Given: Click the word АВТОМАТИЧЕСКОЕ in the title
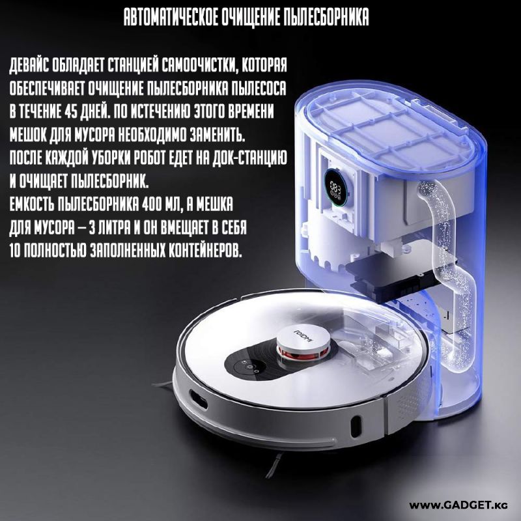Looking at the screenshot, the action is pos(171,17).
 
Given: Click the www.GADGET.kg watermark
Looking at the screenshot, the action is pos(458,505).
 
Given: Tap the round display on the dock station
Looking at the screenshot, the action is pos(335,186).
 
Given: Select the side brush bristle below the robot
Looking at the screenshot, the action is pos(274,465).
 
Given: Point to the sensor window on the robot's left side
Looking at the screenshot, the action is pos(198,399).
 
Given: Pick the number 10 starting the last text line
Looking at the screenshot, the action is pos(15,251).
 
